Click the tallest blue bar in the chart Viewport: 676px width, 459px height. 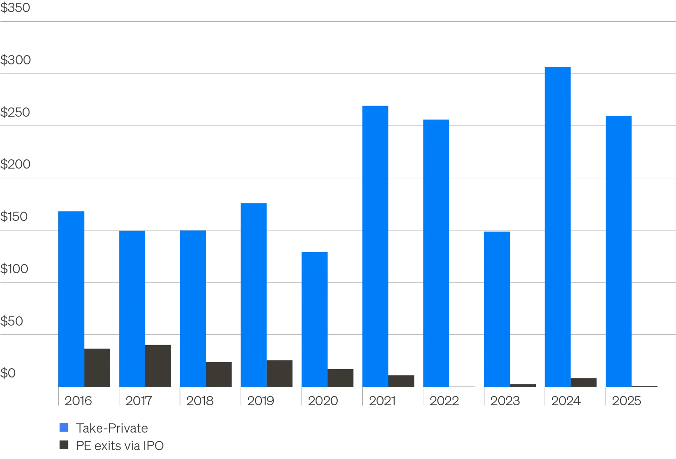(558, 227)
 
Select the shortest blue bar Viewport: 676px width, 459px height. (314, 320)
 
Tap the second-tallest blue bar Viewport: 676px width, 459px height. (374, 245)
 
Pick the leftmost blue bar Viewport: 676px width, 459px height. (71, 299)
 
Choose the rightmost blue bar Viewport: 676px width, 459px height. (618, 251)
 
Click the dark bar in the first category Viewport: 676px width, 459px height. (98, 367)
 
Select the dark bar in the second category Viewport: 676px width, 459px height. (160, 365)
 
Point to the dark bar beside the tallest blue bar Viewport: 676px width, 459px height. (585, 382)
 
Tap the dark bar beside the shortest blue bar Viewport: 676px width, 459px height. (341, 377)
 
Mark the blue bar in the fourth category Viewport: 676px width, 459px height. (254, 294)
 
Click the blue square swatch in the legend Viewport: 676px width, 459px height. (64, 428)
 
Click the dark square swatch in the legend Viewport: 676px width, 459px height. (64, 445)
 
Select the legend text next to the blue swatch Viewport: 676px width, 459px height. (111, 428)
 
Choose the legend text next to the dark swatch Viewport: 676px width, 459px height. (120, 446)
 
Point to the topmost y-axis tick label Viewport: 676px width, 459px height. (16, 8)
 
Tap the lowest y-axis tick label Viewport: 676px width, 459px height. (9, 373)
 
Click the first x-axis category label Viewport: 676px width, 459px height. (77, 400)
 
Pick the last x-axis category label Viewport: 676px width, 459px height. (627, 400)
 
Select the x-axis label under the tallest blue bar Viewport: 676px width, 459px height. (566, 400)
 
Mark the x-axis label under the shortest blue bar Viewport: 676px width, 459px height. (323, 400)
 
